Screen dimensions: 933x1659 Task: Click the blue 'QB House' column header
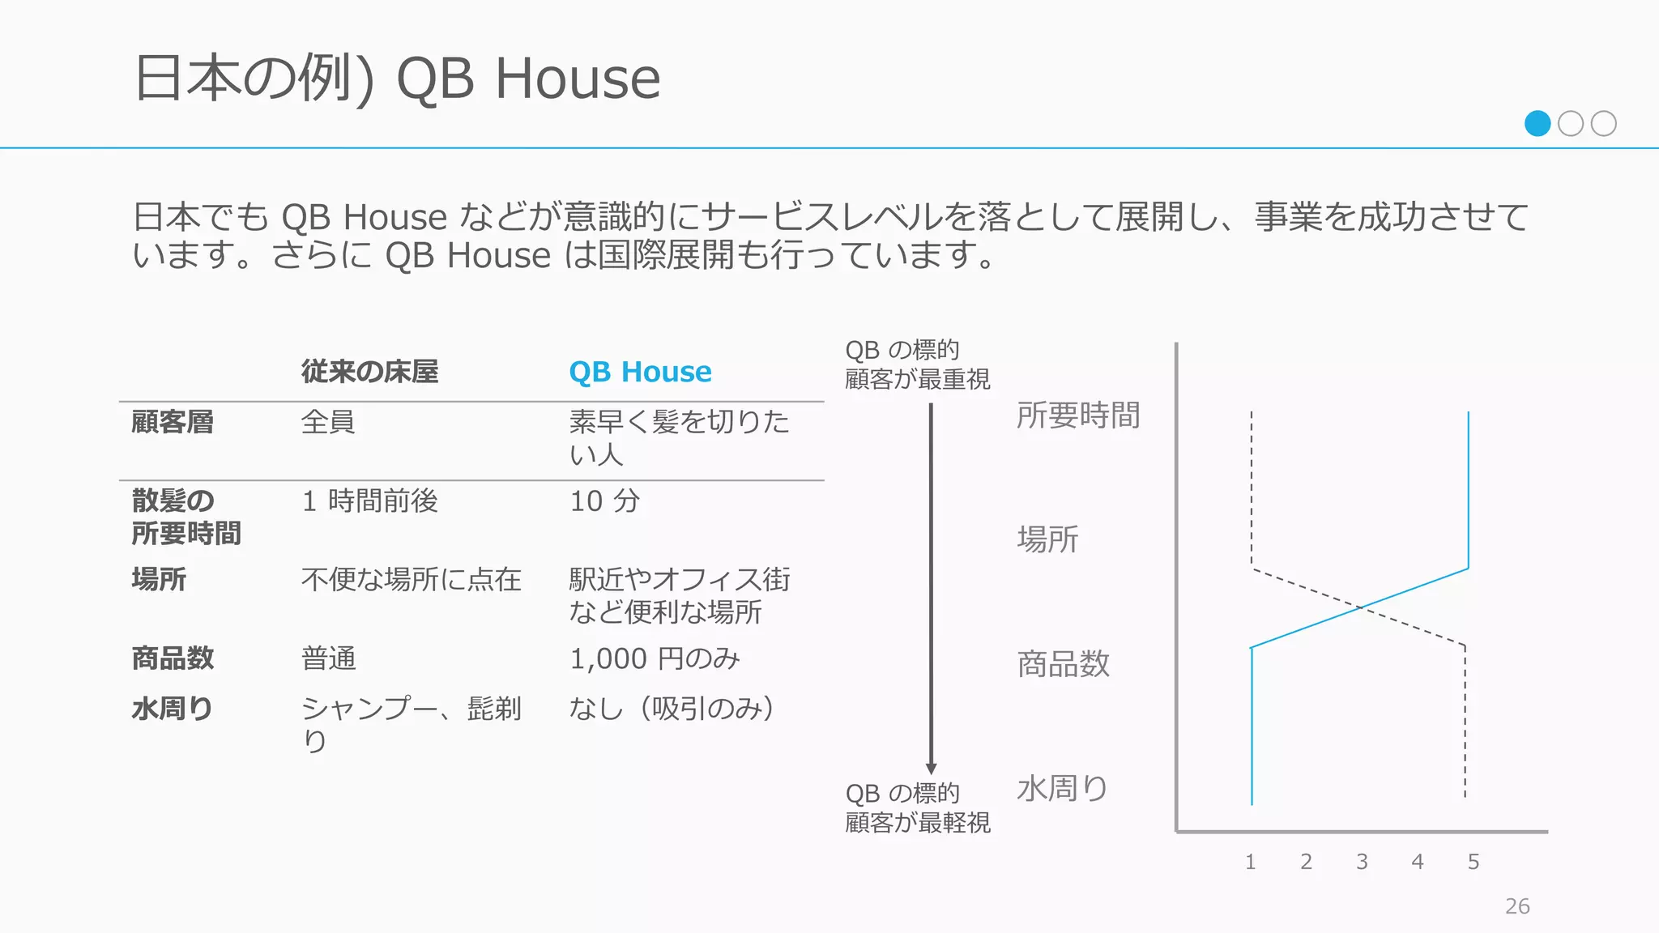[x=640, y=372]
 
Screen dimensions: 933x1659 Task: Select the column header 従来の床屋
[x=369, y=372]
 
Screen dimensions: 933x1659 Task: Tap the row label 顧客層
[x=173, y=422]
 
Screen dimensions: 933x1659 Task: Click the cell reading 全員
[x=327, y=422]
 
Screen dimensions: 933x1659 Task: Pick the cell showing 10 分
[x=604, y=501]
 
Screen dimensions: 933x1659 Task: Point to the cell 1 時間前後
[x=369, y=501]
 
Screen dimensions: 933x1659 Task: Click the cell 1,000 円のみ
[x=655, y=658]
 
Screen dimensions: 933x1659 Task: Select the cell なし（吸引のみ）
[x=671, y=709]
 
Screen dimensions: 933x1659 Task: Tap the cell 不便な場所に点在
[x=411, y=580]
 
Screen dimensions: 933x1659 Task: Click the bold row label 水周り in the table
[x=172, y=709]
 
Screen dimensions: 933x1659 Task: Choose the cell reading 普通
[x=328, y=658]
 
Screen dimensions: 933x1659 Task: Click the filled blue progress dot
[x=1537, y=124]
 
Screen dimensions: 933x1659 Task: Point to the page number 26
[x=1517, y=906]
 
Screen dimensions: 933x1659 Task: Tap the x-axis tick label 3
[x=1362, y=862]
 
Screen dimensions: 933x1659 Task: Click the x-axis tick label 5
[x=1473, y=862]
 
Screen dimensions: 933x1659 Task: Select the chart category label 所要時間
[x=1078, y=415]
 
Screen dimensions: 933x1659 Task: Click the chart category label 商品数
[x=1063, y=664]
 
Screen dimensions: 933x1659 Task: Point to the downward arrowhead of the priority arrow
[x=931, y=768]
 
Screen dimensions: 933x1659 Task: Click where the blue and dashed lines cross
[x=1361, y=607]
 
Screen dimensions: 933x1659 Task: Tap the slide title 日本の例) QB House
[x=397, y=79]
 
